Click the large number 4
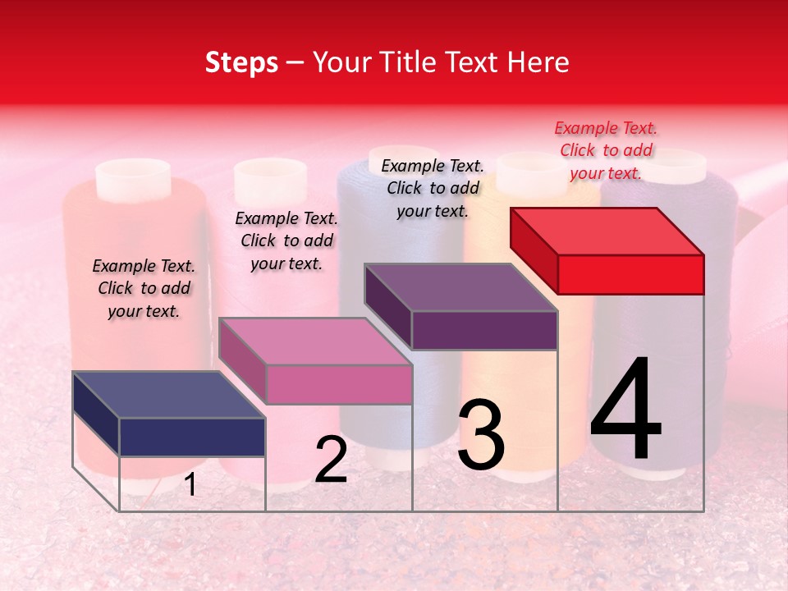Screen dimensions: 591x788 tap(625, 410)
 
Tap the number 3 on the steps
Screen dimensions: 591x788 tap(481, 435)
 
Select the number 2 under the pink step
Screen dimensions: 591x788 tap(331, 460)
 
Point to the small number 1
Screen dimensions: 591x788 tap(190, 485)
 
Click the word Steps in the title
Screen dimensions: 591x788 tap(241, 62)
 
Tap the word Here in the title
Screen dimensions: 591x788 tap(539, 62)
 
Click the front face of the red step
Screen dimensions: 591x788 tap(630, 274)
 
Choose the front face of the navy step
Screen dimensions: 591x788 tap(192, 437)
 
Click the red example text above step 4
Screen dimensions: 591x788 tap(606, 151)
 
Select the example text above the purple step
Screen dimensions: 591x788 tap(433, 188)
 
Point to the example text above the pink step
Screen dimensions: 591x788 tap(286, 241)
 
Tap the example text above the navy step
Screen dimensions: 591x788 tap(144, 288)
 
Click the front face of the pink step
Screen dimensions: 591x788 tap(339, 384)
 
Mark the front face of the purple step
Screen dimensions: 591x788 tap(484, 330)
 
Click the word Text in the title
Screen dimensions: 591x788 tap(475, 62)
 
